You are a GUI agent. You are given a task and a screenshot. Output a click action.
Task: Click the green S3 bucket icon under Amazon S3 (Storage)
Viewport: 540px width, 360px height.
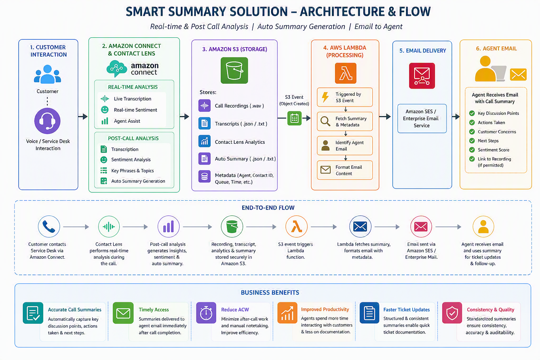(234, 70)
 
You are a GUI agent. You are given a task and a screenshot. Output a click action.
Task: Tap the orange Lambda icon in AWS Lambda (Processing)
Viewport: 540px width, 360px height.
(346, 73)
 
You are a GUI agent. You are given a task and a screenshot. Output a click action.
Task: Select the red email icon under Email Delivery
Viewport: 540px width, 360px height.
(422, 76)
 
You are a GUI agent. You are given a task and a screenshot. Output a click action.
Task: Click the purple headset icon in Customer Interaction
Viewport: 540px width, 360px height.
(47, 121)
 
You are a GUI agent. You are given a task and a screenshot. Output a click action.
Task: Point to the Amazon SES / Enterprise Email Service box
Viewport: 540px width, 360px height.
(422, 118)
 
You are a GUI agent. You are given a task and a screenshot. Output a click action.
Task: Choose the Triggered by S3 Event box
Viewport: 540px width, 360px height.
(345, 97)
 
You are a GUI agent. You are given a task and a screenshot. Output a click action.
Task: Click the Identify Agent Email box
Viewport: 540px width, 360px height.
(345, 146)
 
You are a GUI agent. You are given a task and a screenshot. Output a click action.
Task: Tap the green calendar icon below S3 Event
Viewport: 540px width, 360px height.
(294, 118)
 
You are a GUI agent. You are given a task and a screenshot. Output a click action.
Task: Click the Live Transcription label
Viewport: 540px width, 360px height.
(132, 99)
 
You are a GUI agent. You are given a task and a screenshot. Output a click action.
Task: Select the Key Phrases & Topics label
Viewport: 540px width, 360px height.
(132, 171)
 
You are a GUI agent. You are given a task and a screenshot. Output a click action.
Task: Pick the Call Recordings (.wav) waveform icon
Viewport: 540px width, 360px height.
(204, 105)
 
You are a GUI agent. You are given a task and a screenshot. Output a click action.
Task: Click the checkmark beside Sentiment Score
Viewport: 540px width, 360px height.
(472, 150)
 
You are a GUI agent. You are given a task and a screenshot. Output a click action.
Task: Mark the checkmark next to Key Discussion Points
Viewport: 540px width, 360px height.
(472, 113)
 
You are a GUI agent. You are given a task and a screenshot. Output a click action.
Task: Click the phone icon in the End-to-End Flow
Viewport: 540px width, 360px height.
(49, 226)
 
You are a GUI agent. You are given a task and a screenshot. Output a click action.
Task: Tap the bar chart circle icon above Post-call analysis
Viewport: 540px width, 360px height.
(168, 226)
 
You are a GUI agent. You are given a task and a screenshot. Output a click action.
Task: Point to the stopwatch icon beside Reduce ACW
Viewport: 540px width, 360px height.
(206, 313)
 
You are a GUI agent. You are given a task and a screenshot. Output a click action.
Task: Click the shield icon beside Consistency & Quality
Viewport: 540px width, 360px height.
(452, 313)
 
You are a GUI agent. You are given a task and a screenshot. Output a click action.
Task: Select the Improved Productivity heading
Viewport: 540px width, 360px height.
(325, 309)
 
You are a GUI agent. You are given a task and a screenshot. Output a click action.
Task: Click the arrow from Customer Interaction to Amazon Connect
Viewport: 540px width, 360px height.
(83, 116)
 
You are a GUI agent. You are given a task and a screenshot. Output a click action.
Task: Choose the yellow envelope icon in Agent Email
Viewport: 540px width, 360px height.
(518, 75)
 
